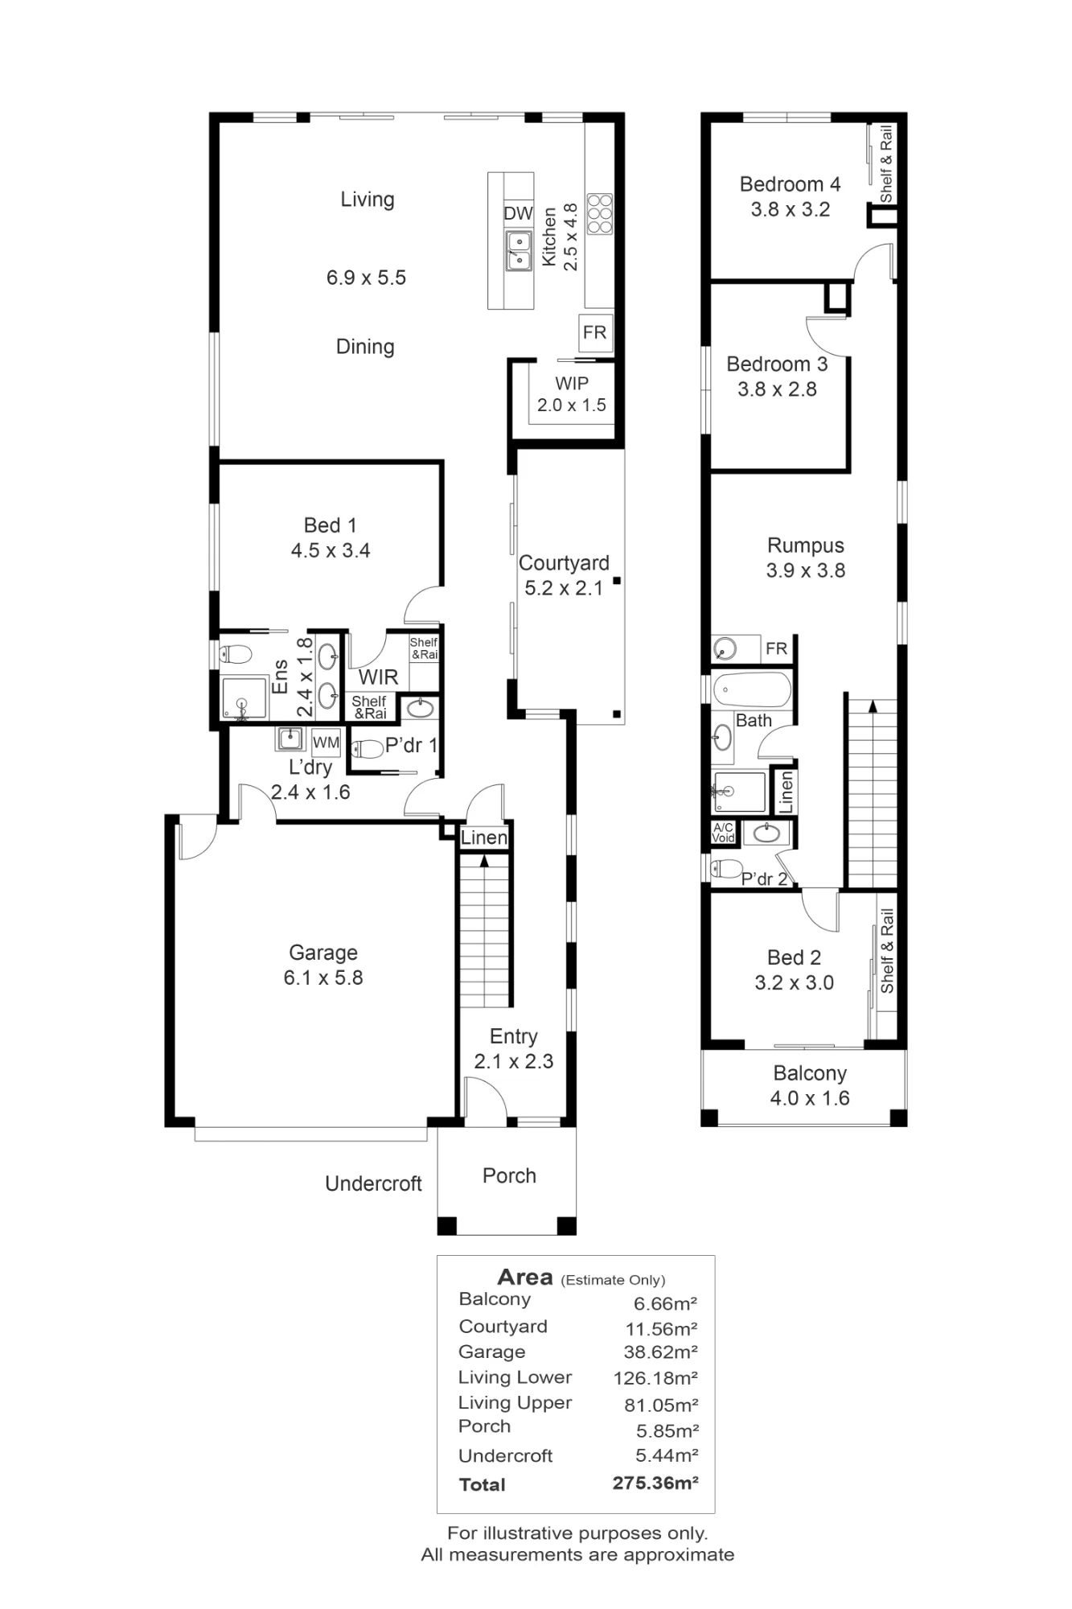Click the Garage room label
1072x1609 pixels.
pos(323,953)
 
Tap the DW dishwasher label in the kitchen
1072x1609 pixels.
pos(518,213)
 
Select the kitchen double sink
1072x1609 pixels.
pos(518,250)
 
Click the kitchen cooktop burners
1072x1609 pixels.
pos(599,213)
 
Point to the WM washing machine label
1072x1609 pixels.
pos(326,743)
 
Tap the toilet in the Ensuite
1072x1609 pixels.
pos(236,653)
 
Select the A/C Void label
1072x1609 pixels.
pos(723,833)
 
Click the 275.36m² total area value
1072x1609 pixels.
pos(655,1483)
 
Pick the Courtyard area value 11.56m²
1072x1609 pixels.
pos(661,1328)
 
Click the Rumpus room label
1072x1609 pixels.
pos(806,545)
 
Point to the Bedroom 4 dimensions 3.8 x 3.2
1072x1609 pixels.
pos(791,209)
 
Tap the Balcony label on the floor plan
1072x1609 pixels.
pos(810,1073)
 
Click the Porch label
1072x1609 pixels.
pos(509,1175)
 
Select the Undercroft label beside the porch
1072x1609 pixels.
pos(373,1183)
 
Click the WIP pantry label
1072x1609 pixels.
pos(572,384)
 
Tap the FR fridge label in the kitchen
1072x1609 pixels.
pos(594,332)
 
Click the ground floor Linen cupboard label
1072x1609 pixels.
pos(484,837)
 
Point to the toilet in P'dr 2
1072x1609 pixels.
pos(726,868)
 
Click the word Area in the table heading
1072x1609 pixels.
pos(525,1277)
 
